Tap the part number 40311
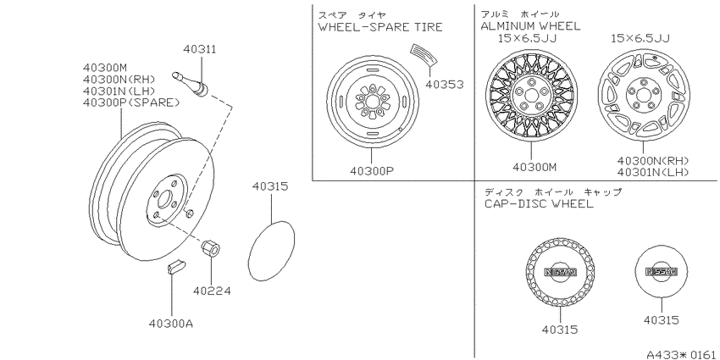tap(199, 49)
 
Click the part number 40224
tap(212, 291)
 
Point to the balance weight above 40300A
tap(176, 267)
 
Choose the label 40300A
tap(170, 324)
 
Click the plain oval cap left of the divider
tap(271, 251)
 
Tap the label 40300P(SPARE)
tap(131, 102)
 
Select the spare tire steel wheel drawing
tap(373, 101)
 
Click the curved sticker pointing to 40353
tap(424, 54)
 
